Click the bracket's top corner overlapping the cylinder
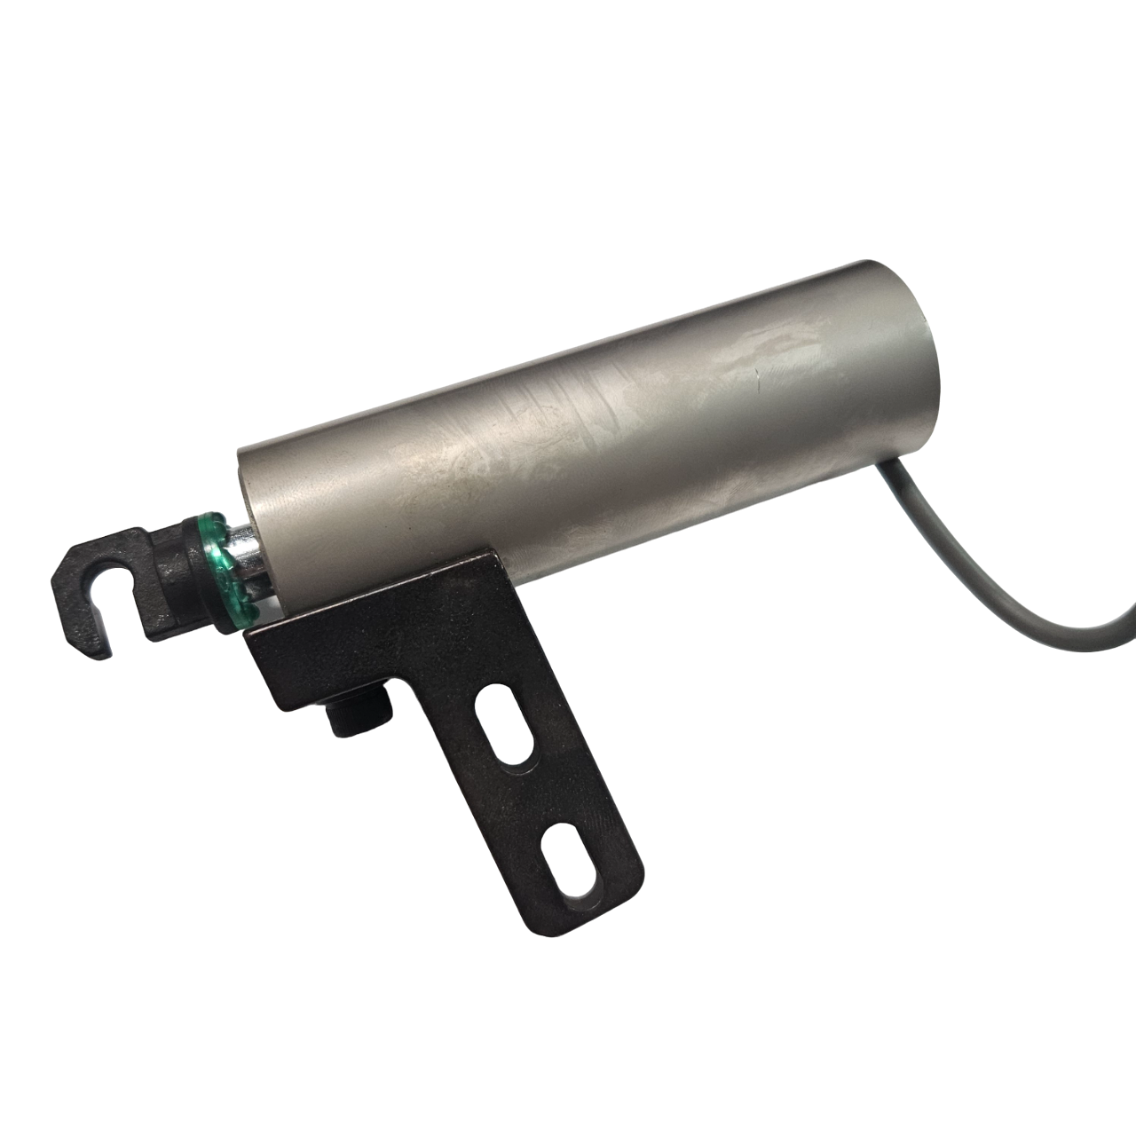click(484, 560)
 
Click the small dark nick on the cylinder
click(757, 383)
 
